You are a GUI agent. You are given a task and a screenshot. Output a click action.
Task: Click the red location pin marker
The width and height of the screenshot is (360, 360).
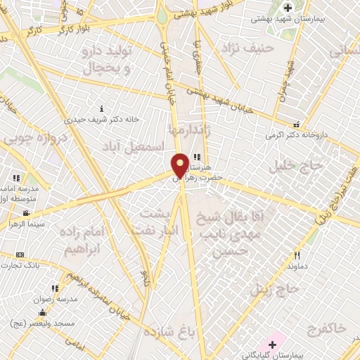pyautogui.click(x=181, y=165)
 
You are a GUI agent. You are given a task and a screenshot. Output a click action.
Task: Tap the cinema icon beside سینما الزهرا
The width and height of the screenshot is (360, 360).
pyautogui.click(x=26, y=213)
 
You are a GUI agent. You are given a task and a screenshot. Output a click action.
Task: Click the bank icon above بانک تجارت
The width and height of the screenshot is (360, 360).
pyautogui.click(x=20, y=255)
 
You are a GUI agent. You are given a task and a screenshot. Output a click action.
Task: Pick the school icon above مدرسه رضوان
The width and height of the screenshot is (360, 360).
pyautogui.click(x=54, y=288)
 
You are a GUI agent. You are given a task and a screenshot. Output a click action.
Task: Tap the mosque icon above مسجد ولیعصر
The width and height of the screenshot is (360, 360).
pyautogui.click(x=42, y=313)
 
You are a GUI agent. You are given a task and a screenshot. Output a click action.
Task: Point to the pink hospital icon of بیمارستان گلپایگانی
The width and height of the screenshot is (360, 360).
pyautogui.click(x=271, y=345)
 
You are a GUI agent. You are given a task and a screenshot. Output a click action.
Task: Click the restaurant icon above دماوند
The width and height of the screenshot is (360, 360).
pyautogui.click(x=297, y=256)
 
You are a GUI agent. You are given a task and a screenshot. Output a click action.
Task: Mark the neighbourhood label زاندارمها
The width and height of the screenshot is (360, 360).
pyautogui.click(x=188, y=130)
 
